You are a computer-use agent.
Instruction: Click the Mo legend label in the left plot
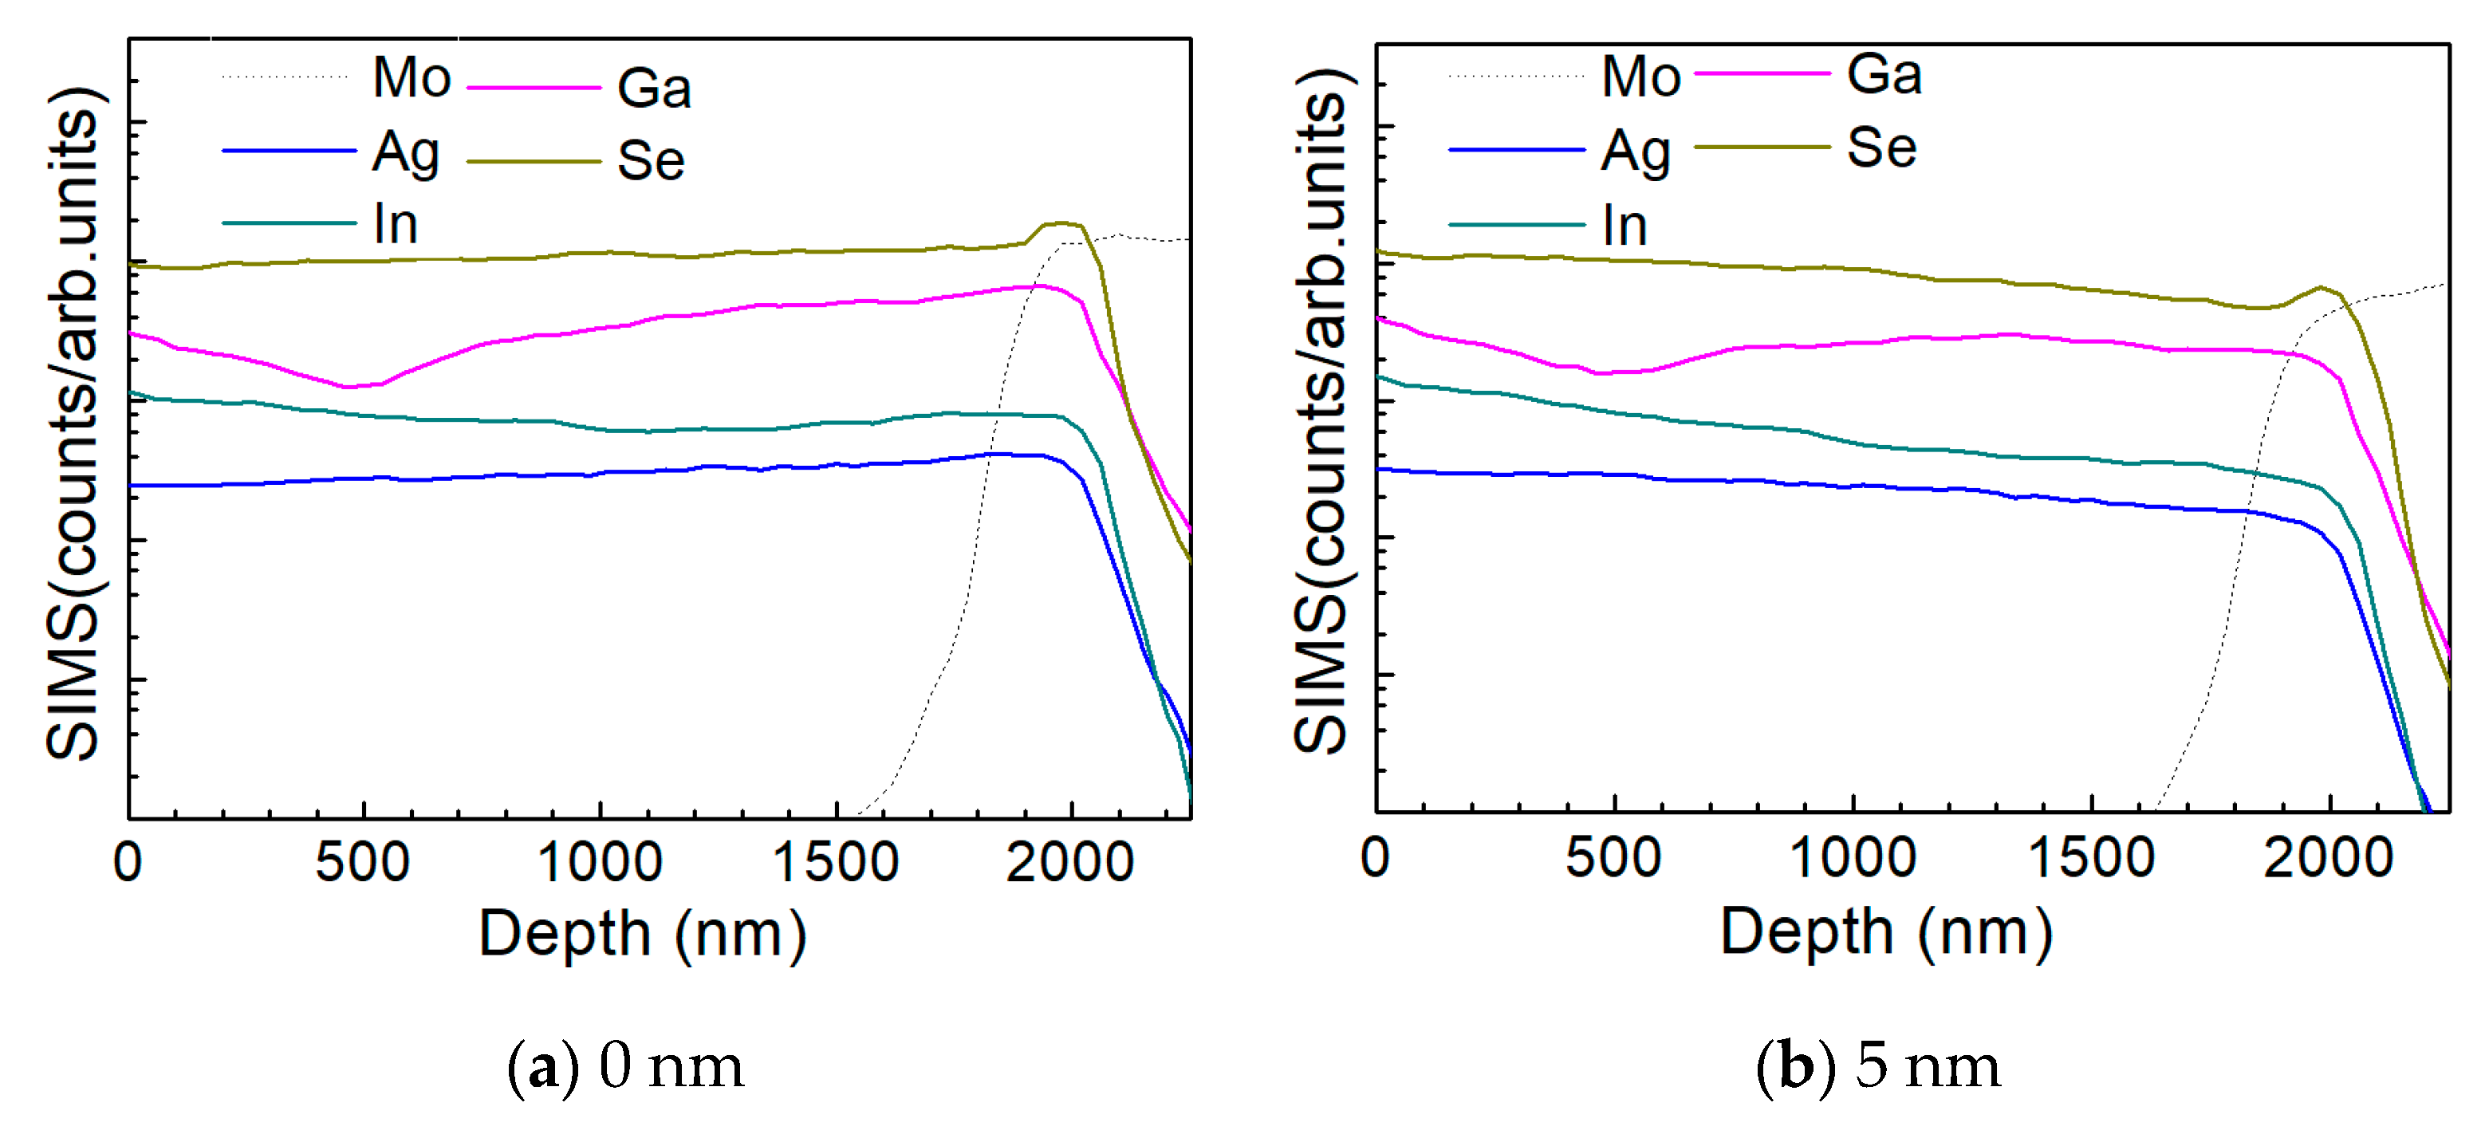412,77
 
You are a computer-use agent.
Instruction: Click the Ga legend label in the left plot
654,89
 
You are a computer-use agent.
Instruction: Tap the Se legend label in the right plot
1881,148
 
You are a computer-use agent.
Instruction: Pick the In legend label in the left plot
396,225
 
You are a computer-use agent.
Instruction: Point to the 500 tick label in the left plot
363,862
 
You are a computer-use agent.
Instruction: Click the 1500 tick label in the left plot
836,862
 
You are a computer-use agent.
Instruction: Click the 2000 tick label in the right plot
2328,857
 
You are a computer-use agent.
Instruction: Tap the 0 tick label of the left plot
128,862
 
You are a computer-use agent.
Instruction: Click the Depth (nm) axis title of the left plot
643,934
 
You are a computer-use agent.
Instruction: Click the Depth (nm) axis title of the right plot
1887,931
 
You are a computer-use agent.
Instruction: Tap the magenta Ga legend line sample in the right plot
1762,73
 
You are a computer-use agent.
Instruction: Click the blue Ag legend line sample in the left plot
289,151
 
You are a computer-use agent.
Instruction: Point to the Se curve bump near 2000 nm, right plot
2319,287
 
